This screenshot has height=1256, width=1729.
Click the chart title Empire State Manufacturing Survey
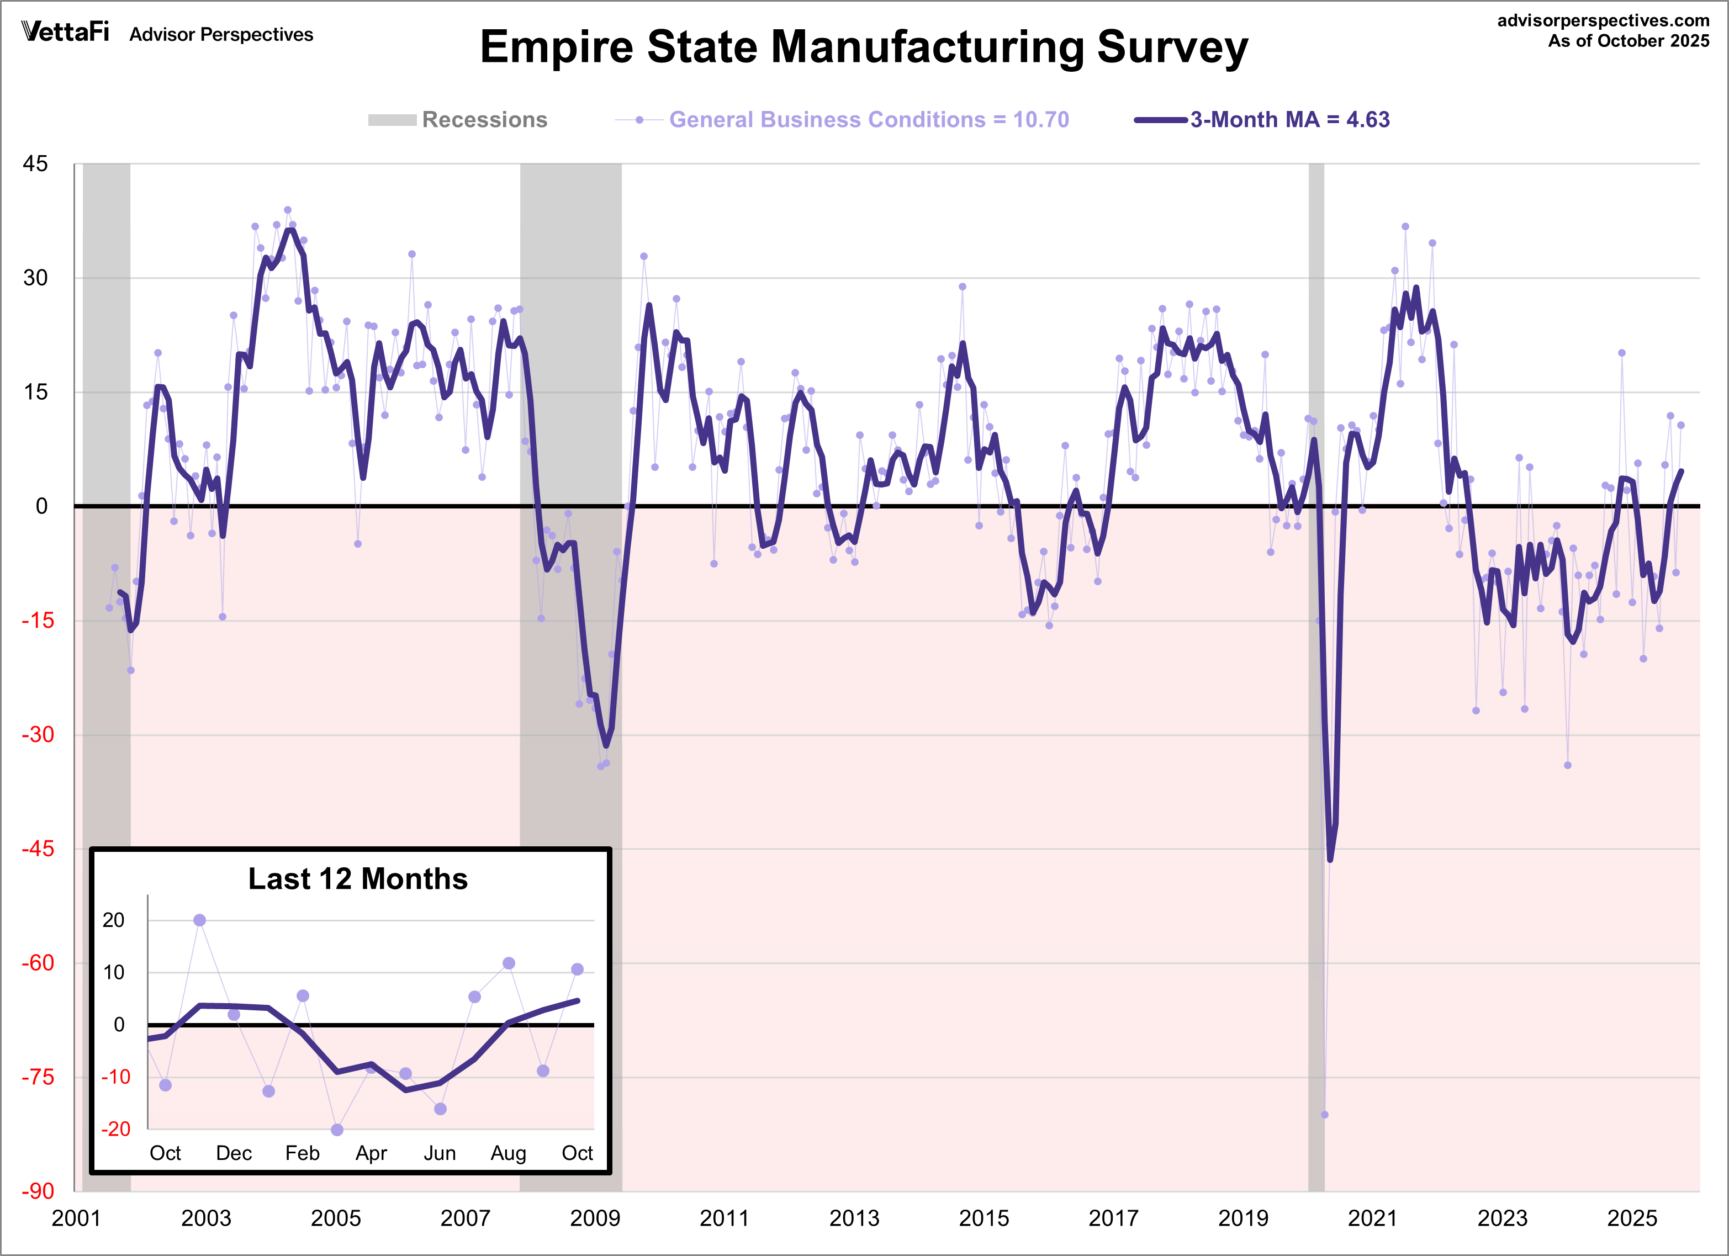pyautogui.click(x=863, y=47)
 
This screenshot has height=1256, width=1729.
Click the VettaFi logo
pyautogui.click(x=66, y=32)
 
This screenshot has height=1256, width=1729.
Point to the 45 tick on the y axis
pyautogui.click(x=35, y=164)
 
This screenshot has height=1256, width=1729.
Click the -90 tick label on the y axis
pyautogui.click(x=36, y=1191)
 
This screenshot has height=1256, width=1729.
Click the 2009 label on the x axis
pyautogui.click(x=595, y=1218)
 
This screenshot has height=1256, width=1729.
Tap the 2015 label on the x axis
pyautogui.click(x=984, y=1218)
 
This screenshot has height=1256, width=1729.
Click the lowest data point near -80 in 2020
pyautogui.click(x=1324, y=1114)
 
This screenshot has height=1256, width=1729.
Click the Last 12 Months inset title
pyautogui.click(x=357, y=879)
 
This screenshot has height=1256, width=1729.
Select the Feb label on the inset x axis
pyautogui.click(x=302, y=1153)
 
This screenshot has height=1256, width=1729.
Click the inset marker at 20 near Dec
pyautogui.click(x=200, y=920)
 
